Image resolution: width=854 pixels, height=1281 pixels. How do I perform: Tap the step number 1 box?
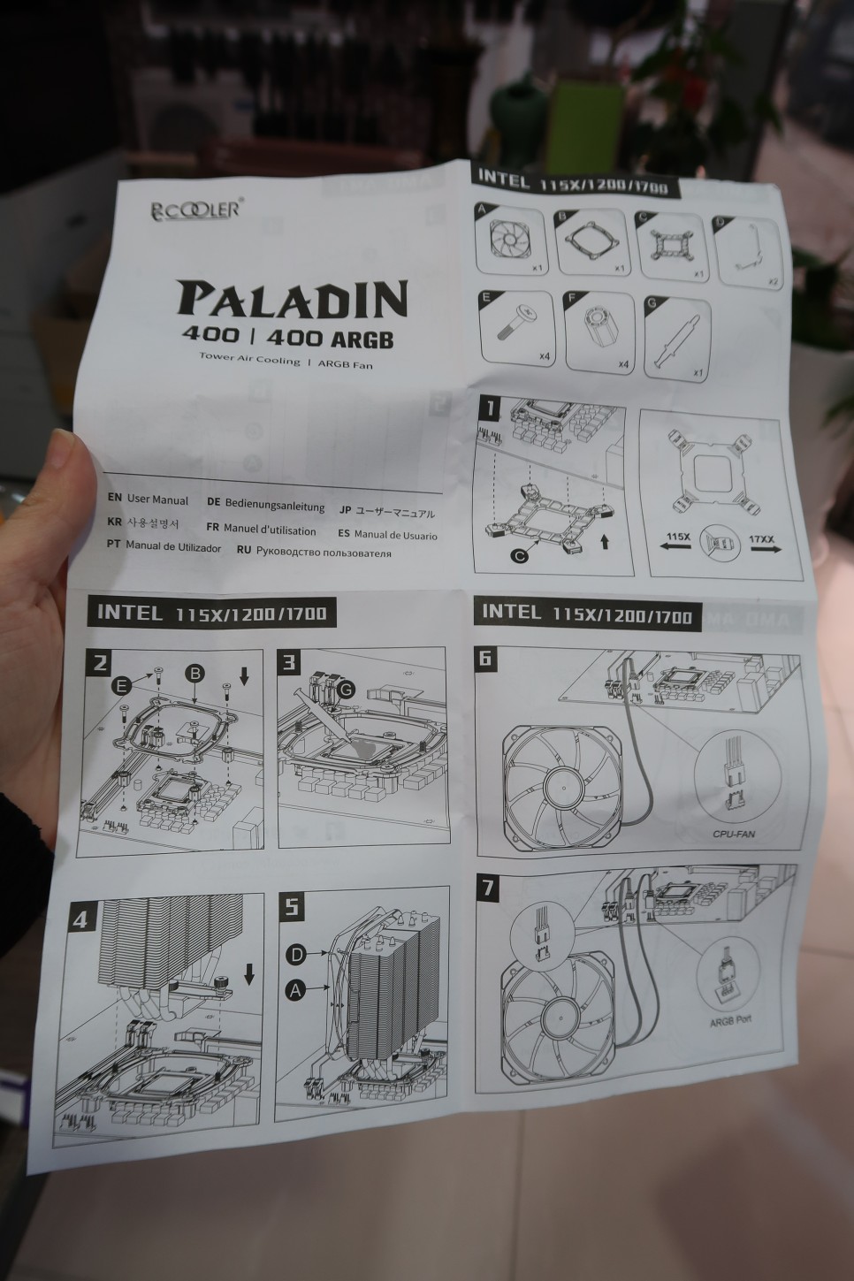pos(490,408)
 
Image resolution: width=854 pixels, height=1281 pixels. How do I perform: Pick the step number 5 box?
pos(293,907)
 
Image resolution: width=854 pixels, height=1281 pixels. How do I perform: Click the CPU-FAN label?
pos(734,833)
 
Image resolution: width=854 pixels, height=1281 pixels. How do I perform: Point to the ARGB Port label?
pos(730,1019)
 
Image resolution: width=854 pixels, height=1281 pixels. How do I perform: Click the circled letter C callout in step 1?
pos(520,555)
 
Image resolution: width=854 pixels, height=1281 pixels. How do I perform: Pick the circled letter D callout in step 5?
pos(296,954)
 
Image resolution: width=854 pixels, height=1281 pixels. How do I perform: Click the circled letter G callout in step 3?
pos(346,687)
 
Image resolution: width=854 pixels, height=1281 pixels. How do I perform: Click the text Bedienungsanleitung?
pos(274,504)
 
